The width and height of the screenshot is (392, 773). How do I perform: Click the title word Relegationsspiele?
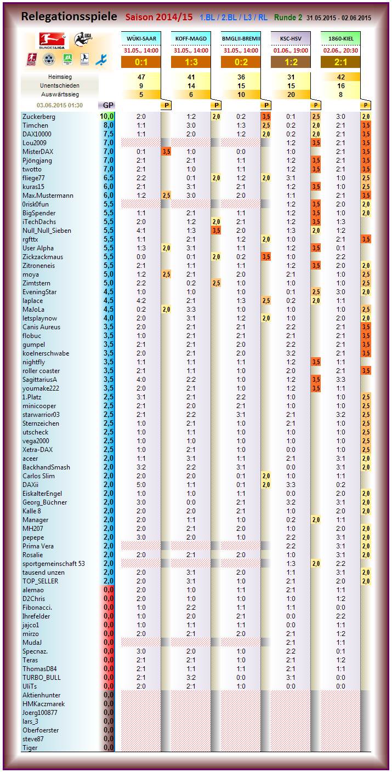(69, 17)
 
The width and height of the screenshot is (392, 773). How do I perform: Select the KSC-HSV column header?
(291, 38)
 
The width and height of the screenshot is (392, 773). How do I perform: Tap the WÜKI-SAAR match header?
(141, 38)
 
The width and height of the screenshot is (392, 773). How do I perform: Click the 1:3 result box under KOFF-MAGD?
(191, 62)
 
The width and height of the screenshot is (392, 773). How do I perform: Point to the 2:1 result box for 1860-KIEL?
(340, 62)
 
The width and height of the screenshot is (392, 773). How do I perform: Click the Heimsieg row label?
(60, 77)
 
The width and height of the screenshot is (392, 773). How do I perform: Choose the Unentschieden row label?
(60, 85)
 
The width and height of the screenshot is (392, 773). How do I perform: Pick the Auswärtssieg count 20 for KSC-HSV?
(291, 94)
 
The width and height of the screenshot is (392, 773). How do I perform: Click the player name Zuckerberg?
(39, 117)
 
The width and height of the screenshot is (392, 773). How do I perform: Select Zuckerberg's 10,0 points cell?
(106, 117)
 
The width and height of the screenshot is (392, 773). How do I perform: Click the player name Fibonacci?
(37, 608)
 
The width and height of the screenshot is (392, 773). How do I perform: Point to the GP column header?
(106, 105)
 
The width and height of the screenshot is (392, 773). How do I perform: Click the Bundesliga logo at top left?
(50, 41)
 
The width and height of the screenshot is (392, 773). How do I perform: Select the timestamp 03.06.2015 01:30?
(59, 105)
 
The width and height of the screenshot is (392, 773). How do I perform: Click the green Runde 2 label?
(288, 18)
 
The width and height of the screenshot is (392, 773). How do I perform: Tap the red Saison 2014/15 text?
(159, 17)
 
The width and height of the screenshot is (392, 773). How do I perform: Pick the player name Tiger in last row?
(30, 748)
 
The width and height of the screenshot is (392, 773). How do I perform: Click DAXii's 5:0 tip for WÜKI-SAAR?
(141, 485)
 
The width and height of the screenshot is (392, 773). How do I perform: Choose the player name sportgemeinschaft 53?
(54, 564)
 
